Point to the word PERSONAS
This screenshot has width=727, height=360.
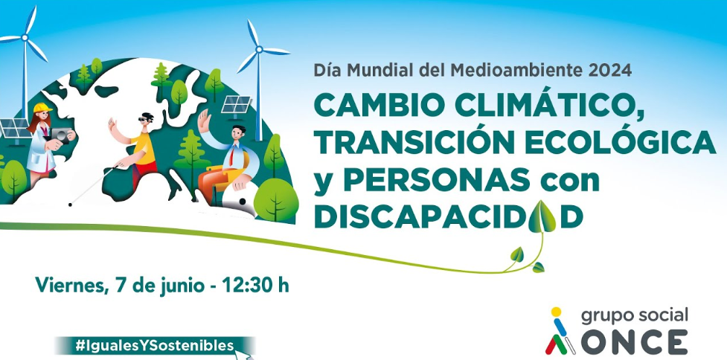coord(437,180)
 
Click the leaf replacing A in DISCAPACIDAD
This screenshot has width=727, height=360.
coord(542,216)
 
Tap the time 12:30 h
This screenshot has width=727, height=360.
coord(255,285)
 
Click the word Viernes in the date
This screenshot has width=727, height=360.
coord(68,286)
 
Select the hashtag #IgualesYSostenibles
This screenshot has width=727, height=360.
coord(154,346)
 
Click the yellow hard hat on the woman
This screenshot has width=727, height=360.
coord(42,108)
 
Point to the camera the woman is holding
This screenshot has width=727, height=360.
coord(60,135)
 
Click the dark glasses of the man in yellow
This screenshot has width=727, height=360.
coord(144,120)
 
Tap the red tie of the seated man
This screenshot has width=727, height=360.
coord(231,157)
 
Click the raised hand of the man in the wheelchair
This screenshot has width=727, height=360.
coord(204,121)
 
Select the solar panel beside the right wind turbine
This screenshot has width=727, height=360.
coord(236,104)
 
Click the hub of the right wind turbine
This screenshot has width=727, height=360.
coord(259,49)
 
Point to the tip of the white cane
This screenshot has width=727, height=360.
coord(70,205)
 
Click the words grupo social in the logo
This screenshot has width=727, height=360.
coord(635,316)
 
